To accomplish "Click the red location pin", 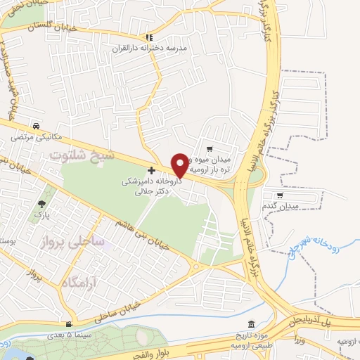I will [x=181, y=164].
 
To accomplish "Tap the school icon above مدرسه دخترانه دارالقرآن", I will [x=148, y=38].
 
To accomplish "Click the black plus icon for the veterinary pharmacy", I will [x=152, y=170].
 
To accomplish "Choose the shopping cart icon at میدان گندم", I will [x=280, y=196].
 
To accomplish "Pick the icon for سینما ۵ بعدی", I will [x=68, y=323].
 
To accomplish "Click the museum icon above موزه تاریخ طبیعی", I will [x=242, y=336].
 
